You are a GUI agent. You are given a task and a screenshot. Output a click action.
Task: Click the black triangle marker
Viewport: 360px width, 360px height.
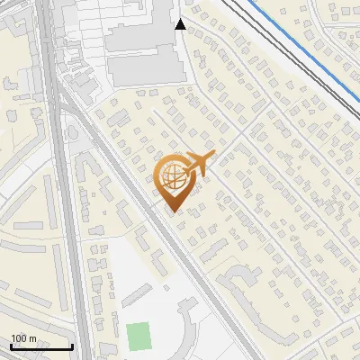pyautogui.click(x=181, y=24)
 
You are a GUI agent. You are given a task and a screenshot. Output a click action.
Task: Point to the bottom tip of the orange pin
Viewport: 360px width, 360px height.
pyautogui.click(x=171, y=212)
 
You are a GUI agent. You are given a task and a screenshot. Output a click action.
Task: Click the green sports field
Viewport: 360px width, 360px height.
pyautogui.click(x=139, y=337)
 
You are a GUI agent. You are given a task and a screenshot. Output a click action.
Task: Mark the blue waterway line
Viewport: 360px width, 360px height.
pyautogui.click(x=306, y=53)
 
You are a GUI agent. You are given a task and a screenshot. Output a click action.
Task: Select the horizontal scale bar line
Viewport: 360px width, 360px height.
pyautogui.click(x=41, y=347)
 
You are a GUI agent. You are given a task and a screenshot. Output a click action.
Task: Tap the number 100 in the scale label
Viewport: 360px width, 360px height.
pyautogui.click(x=19, y=339)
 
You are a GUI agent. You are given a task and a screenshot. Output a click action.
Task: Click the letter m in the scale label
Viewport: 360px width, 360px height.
pyautogui.click(x=32, y=339)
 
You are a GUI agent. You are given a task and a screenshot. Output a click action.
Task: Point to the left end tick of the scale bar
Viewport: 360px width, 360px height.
pyautogui.click(x=11, y=346)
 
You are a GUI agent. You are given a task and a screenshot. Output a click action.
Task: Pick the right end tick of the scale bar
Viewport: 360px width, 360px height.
pyautogui.click(x=72, y=346)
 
